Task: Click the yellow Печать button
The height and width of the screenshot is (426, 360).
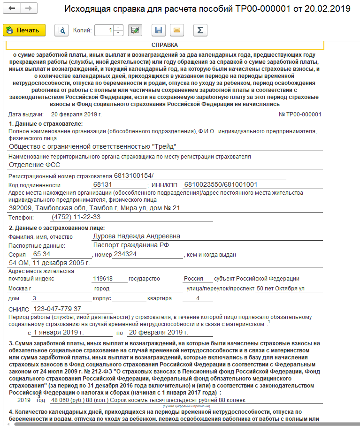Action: [24, 30]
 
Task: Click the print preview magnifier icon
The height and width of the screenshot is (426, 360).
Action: [61, 30]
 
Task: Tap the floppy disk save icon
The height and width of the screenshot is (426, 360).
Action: [159, 30]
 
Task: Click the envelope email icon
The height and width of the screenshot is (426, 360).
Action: [177, 30]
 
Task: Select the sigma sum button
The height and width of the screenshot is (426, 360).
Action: [200, 30]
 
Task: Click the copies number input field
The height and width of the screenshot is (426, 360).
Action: [104, 30]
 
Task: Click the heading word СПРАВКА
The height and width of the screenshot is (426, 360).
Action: [164, 45]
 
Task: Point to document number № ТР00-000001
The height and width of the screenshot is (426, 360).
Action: [300, 114]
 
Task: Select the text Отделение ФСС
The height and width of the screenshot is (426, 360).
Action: [34, 165]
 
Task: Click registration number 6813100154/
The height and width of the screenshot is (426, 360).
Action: [134, 175]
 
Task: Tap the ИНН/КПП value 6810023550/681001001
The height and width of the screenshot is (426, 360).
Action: [221, 184]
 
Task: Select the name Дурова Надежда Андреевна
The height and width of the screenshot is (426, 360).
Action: [137, 236]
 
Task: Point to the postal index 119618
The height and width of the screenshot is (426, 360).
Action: [104, 278]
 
